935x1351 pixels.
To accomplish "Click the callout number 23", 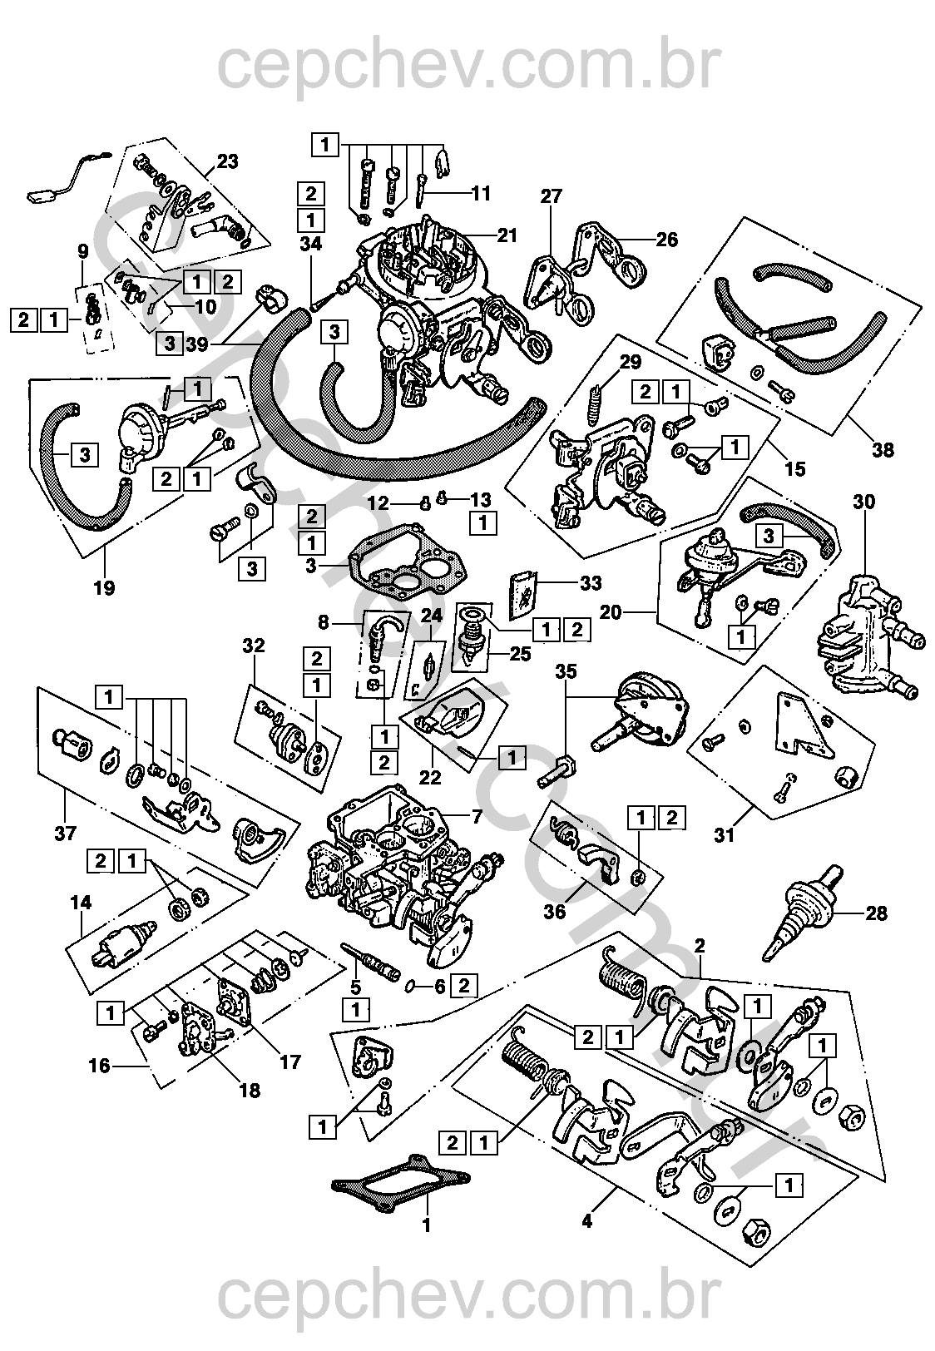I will pos(227,161).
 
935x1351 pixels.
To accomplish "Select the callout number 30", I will pos(864,502).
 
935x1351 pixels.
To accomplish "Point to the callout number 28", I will pos(876,913).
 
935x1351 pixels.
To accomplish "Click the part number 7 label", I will pos(477,816).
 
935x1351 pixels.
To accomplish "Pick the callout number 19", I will pos(104,587).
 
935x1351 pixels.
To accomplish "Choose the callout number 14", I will pos(81,902).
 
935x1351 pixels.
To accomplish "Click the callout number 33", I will pos(590,583).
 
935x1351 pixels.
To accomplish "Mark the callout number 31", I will pos(725,834).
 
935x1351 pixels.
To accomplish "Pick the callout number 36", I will pos(555,911).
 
